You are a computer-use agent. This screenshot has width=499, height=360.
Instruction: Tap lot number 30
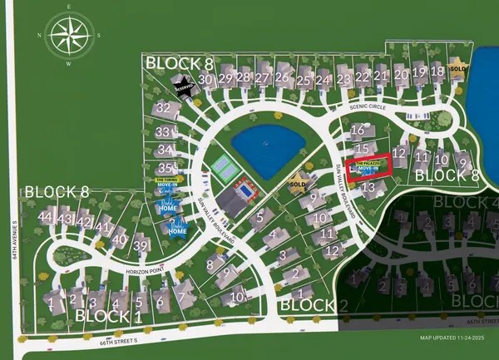204,79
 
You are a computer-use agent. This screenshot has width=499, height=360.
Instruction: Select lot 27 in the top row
263,79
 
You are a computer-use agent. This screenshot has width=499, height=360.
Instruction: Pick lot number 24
323,80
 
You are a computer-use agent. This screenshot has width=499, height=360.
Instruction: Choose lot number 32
164,108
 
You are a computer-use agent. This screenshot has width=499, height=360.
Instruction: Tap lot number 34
165,150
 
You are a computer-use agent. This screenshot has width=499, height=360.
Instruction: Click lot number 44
45,218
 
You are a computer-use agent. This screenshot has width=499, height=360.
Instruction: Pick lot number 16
358,131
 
